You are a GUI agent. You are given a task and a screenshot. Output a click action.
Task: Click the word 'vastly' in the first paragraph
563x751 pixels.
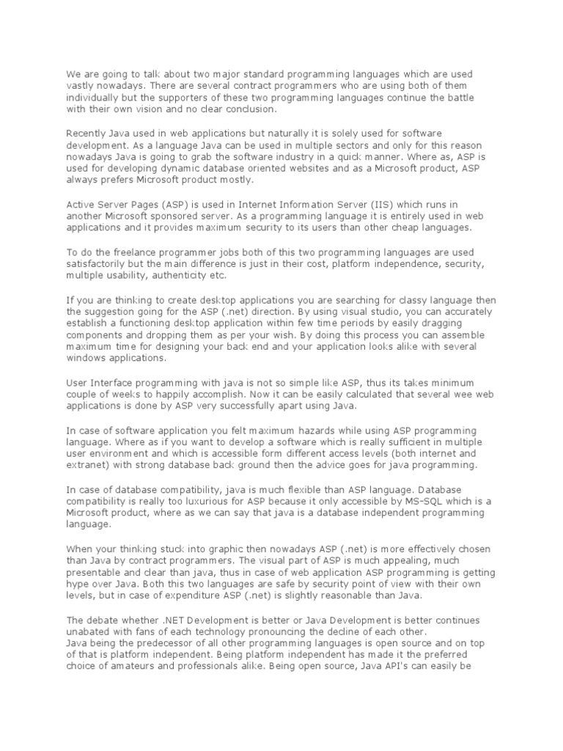(x=81, y=87)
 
